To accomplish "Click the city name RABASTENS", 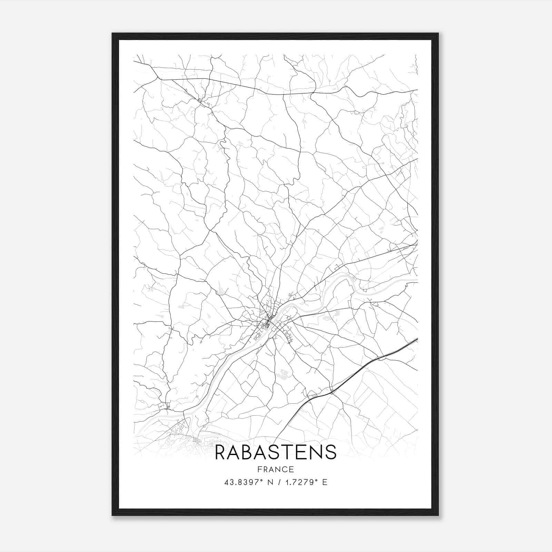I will pyautogui.click(x=275, y=452).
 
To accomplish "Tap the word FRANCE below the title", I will pyautogui.click(x=275, y=469).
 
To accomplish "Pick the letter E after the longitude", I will pyautogui.click(x=324, y=482).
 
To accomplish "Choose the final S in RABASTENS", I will pyautogui.click(x=331, y=452).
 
